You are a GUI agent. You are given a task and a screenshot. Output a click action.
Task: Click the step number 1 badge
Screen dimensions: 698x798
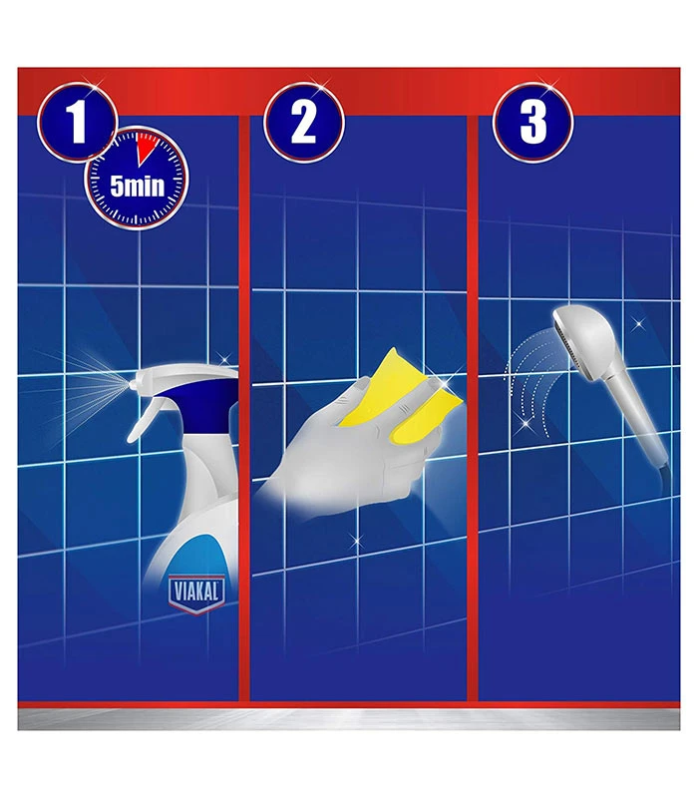[x=78, y=122]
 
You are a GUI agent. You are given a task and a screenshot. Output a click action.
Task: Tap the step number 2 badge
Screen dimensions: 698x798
[x=304, y=122]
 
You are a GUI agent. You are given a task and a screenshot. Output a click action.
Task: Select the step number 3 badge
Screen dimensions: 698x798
[x=532, y=122]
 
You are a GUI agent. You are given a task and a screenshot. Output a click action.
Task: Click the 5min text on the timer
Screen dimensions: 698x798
[x=138, y=187]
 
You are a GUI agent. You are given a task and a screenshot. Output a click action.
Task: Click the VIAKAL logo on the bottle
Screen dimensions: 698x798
[x=196, y=593]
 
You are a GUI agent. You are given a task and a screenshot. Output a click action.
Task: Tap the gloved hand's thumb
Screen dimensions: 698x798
[x=351, y=391]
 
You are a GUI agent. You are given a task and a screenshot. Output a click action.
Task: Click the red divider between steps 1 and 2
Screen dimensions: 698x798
[x=244, y=407]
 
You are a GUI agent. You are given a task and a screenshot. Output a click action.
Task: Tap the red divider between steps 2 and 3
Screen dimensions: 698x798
[x=473, y=407]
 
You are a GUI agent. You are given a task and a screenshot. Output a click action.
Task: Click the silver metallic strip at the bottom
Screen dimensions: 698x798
[x=349, y=719]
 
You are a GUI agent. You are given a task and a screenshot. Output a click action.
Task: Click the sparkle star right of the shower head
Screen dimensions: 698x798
[x=638, y=323]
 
